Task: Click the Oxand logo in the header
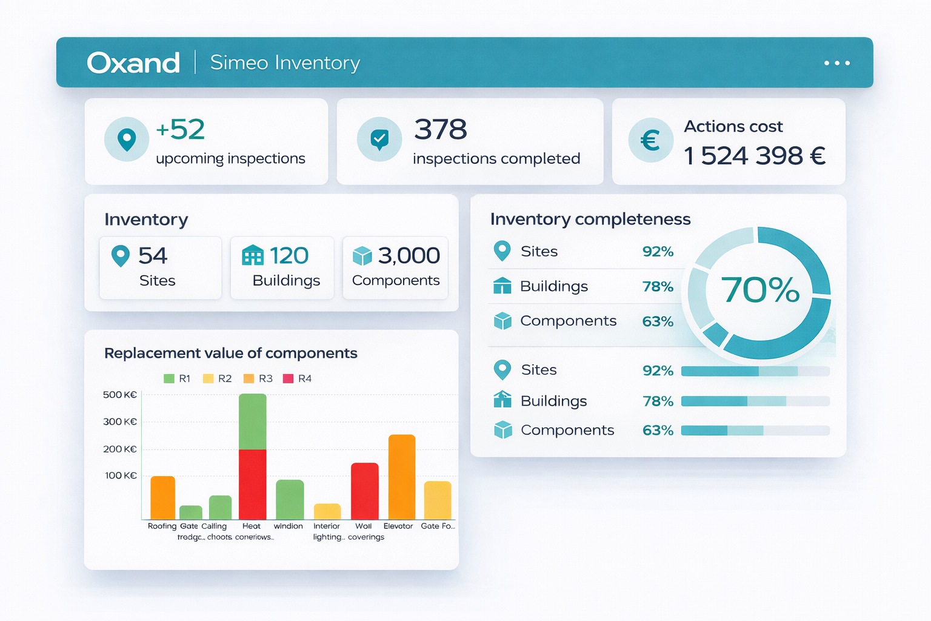[x=133, y=62]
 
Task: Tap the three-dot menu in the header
[x=837, y=63]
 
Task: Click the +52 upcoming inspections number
[x=181, y=130]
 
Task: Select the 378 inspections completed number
[x=441, y=130]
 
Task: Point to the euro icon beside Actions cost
[x=650, y=141]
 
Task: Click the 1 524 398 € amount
[x=755, y=156]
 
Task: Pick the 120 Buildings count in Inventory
[x=289, y=256]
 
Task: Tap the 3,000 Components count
[x=409, y=256]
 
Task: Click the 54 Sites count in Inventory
[x=152, y=256]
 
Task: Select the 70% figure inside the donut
[x=760, y=290]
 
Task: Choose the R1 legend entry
[x=177, y=378]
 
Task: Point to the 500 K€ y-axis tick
[x=120, y=395]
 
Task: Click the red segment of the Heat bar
[x=253, y=484]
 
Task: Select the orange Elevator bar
[x=402, y=477]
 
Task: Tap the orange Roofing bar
[x=162, y=497]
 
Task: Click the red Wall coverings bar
[x=365, y=491]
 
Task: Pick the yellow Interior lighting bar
[x=327, y=511]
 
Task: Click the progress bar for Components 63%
[x=755, y=431]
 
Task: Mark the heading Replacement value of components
[x=231, y=353]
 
